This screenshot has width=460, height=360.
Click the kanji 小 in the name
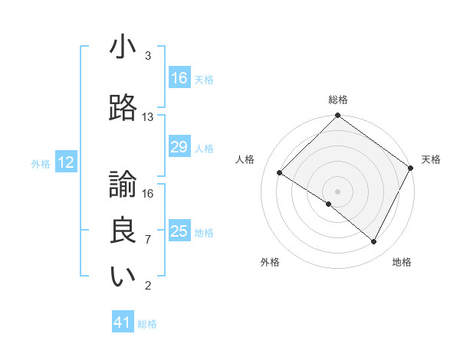pos(123,47)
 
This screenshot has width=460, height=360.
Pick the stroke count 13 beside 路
pos(148,117)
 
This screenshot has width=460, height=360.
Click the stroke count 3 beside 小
pos(148,56)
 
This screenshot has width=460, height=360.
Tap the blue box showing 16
pos(179,78)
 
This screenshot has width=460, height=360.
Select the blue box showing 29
pos(179,147)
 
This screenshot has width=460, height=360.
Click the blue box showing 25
pos(179,231)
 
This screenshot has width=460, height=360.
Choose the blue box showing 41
pos(123,323)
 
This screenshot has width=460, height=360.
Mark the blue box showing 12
pos(66,162)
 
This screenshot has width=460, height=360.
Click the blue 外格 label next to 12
pos(41,163)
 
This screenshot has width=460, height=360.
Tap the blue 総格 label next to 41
pos(147,324)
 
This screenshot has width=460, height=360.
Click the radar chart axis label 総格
pos(338,100)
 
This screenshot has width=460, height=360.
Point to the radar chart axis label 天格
pos(431,159)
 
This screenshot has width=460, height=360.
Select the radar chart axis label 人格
pos(245,159)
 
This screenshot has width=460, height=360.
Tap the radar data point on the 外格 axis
pos(328,205)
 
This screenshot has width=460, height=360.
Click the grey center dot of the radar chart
pos(338,191)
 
